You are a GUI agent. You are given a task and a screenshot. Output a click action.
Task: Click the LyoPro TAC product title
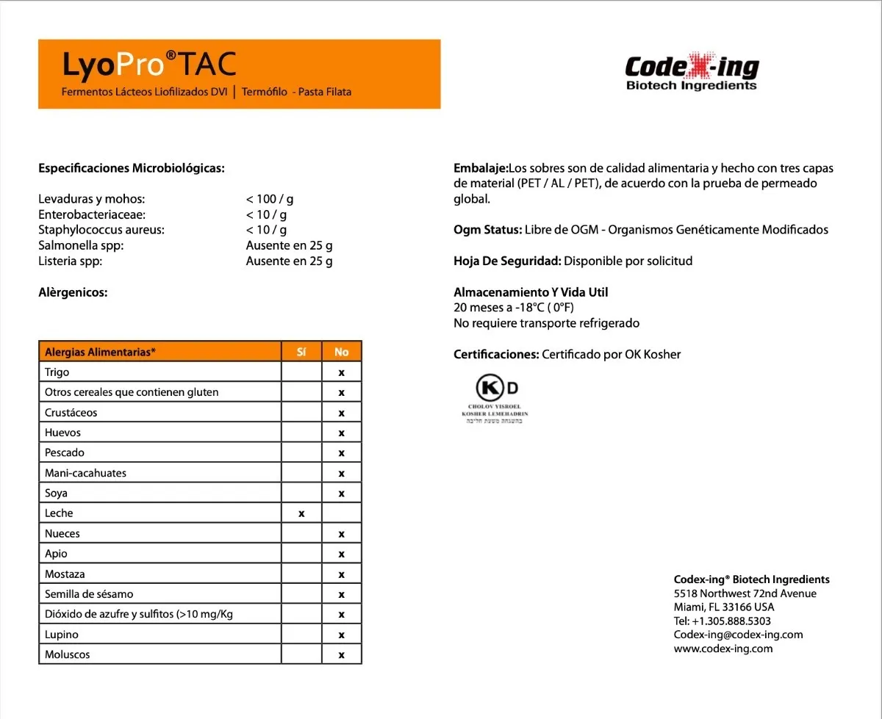click(x=150, y=65)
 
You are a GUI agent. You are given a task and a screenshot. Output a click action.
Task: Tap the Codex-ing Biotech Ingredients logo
click(x=691, y=73)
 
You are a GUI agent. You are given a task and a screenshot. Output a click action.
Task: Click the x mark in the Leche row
click(x=301, y=513)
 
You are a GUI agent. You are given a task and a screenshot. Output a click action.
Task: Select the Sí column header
click(x=301, y=352)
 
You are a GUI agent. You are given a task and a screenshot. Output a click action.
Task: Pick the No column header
click(x=341, y=352)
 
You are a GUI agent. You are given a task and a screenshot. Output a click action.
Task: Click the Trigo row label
click(x=57, y=372)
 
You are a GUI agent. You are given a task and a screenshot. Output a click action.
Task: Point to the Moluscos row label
click(x=68, y=654)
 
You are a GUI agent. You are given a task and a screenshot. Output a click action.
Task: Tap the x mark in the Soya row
click(x=341, y=494)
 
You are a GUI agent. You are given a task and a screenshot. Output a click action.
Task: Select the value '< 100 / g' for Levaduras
click(x=270, y=199)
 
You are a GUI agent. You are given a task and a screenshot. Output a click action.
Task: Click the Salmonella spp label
click(x=81, y=245)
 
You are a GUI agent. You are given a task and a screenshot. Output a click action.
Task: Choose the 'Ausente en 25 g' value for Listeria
click(x=289, y=261)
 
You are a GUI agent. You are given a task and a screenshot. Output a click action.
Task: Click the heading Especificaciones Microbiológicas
click(x=131, y=168)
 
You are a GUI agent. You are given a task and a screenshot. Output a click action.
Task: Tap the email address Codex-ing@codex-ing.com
click(x=738, y=635)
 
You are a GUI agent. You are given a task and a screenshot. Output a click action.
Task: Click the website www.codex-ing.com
click(x=723, y=648)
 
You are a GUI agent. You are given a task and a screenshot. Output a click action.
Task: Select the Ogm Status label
click(x=487, y=230)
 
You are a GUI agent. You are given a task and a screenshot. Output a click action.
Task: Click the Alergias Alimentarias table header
click(x=101, y=352)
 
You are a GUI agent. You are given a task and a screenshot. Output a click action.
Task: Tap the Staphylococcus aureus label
click(x=101, y=230)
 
